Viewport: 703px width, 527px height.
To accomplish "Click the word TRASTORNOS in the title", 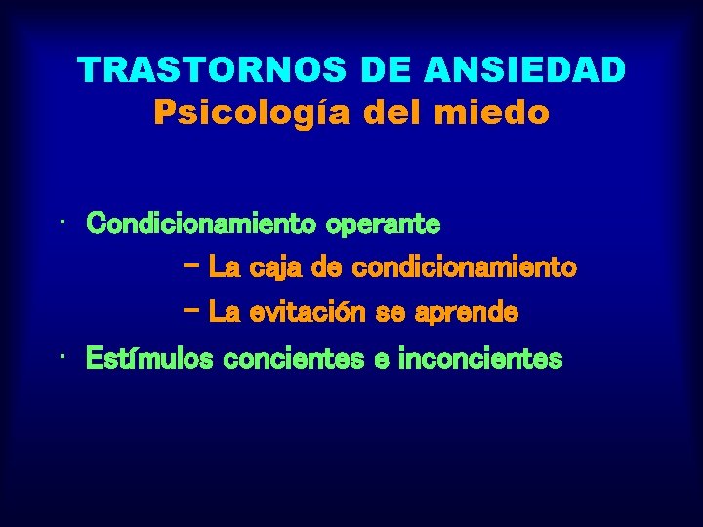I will pyautogui.click(x=211, y=69).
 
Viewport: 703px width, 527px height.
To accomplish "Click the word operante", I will pyautogui.click(x=384, y=224).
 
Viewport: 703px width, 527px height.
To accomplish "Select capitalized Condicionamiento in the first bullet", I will pyautogui.click(x=200, y=224).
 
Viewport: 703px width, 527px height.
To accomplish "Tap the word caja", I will pyautogui.click(x=277, y=266).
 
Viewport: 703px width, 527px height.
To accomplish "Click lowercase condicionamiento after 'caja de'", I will pyautogui.click(x=464, y=266).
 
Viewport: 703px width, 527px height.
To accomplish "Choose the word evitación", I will pyautogui.click(x=307, y=313).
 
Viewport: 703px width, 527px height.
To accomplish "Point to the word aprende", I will pyautogui.click(x=467, y=313).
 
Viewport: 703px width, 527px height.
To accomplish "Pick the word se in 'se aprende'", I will pyautogui.click(x=394, y=313).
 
